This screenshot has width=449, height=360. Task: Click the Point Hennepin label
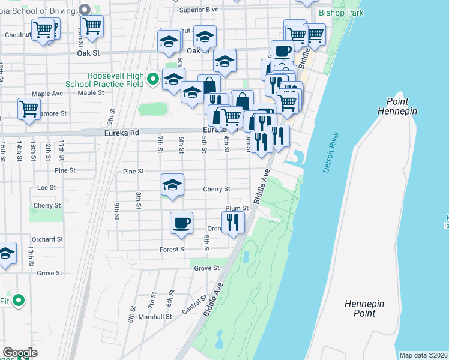point(397,106)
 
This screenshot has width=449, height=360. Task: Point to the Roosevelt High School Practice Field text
point(116,80)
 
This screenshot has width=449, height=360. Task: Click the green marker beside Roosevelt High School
point(153,78)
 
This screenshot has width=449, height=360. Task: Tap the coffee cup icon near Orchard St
point(181,223)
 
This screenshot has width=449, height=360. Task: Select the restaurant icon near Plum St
point(233,222)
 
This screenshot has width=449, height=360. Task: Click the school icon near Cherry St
point(172,185)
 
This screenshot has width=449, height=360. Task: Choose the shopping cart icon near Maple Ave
point(29,109)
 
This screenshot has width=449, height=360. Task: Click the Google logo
point(20,353)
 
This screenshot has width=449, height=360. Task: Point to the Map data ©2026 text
point(423,355)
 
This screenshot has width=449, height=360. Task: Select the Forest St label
point(173,249)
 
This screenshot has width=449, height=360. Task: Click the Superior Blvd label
point(199,10)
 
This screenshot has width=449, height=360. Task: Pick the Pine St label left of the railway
point(65,170)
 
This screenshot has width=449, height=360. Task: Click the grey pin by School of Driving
point(85,9)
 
